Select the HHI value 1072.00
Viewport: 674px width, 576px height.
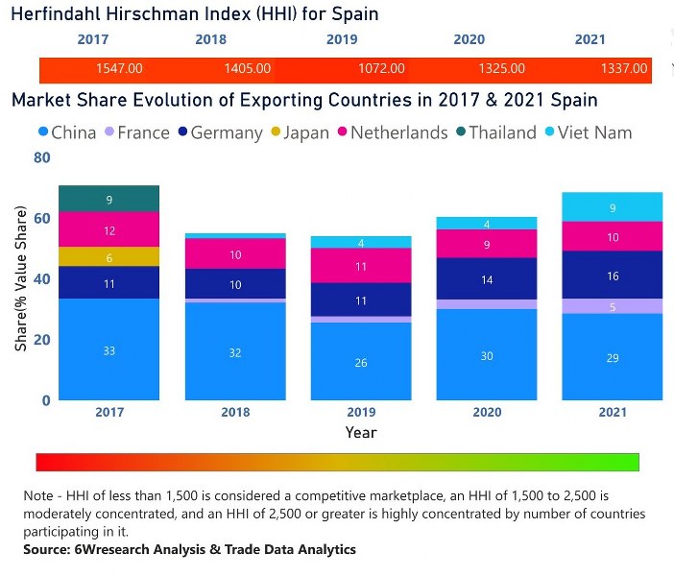[x=381, y=69]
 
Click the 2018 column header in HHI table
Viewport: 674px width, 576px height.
[x=210, y=39]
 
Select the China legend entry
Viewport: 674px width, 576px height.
[x=66, y=132]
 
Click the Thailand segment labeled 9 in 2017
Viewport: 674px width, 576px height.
[x=108, y=199]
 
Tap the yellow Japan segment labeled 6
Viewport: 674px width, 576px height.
[x=108, y=257]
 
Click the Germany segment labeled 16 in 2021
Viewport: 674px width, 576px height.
[x=613, y=275]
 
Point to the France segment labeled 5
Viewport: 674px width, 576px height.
[x=613, y=306]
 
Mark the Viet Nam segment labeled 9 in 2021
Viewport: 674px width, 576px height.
[x=613, y=206]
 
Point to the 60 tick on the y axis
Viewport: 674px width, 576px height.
[x=41, y=219]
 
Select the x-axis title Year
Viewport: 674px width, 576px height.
[x=361, y=433]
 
